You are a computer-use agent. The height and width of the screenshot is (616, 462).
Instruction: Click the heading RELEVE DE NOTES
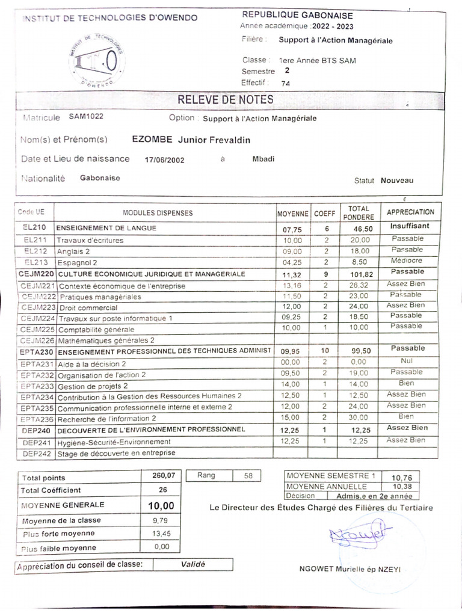click(x=225, y=99)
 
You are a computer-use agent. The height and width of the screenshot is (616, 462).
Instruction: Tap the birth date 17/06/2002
click(x=164, y=160)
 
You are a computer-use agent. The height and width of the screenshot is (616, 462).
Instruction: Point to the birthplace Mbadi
click(x=263, y=159)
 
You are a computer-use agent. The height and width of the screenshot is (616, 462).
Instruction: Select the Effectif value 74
click(x=285, y=84)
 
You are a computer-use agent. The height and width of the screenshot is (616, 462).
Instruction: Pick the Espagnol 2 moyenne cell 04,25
click(x=291, y=262)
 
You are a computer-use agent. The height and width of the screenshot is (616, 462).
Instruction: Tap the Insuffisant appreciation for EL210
click(x=409, y=226)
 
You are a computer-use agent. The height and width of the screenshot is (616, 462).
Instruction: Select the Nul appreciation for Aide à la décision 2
click(x=406, y=361)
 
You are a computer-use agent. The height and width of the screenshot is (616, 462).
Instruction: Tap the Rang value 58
click(x=248, y=476)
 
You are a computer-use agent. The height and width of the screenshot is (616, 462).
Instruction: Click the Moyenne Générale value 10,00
click(x=161, y=506)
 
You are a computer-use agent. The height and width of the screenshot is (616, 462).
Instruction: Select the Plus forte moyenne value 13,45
click(x=161, y=533)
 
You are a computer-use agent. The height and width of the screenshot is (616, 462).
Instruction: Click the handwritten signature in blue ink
click(x=357, y=536)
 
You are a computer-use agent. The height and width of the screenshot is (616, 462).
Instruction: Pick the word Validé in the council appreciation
click(x=192, y=564)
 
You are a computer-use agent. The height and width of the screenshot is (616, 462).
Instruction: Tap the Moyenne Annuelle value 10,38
click(x=402, y=486)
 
